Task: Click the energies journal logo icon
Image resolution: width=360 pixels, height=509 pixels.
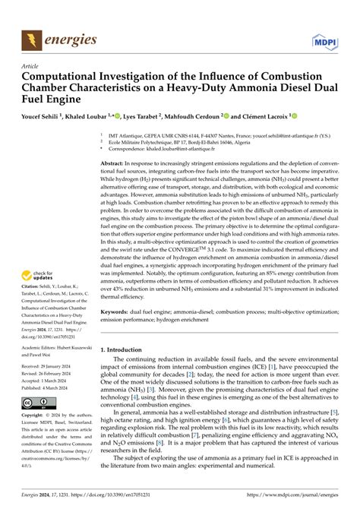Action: point(32,37)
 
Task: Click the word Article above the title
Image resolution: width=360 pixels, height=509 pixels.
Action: point(31,67)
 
